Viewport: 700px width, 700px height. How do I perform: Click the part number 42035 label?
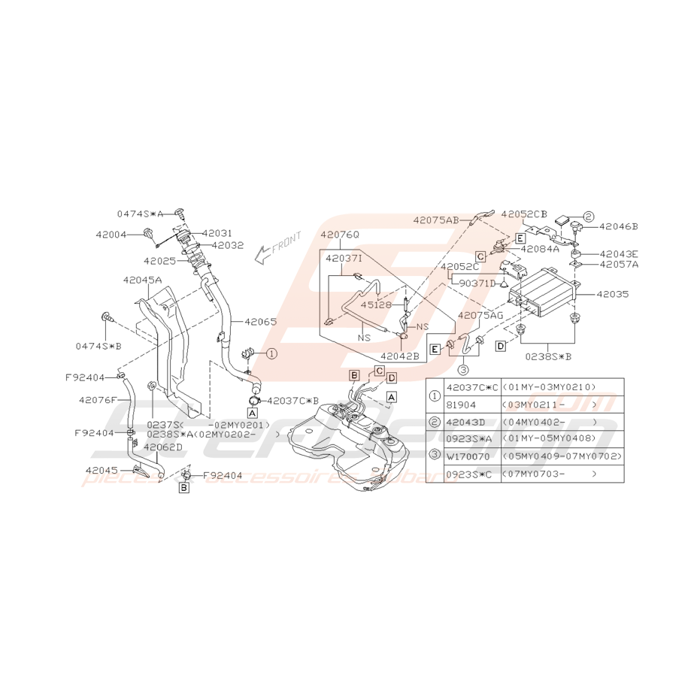coord(613,295)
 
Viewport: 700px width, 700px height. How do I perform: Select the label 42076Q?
coord(340,235)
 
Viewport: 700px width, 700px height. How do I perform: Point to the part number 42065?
coord(259,321)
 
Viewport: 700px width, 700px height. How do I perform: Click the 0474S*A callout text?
coord(140,214)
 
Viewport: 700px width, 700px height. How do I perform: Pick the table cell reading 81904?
coord(461,405)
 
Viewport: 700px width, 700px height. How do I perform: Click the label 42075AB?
coord(436,220)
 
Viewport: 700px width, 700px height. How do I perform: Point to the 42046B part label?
coord(619,226)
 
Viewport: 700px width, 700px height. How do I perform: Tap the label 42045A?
coord(142,280)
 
